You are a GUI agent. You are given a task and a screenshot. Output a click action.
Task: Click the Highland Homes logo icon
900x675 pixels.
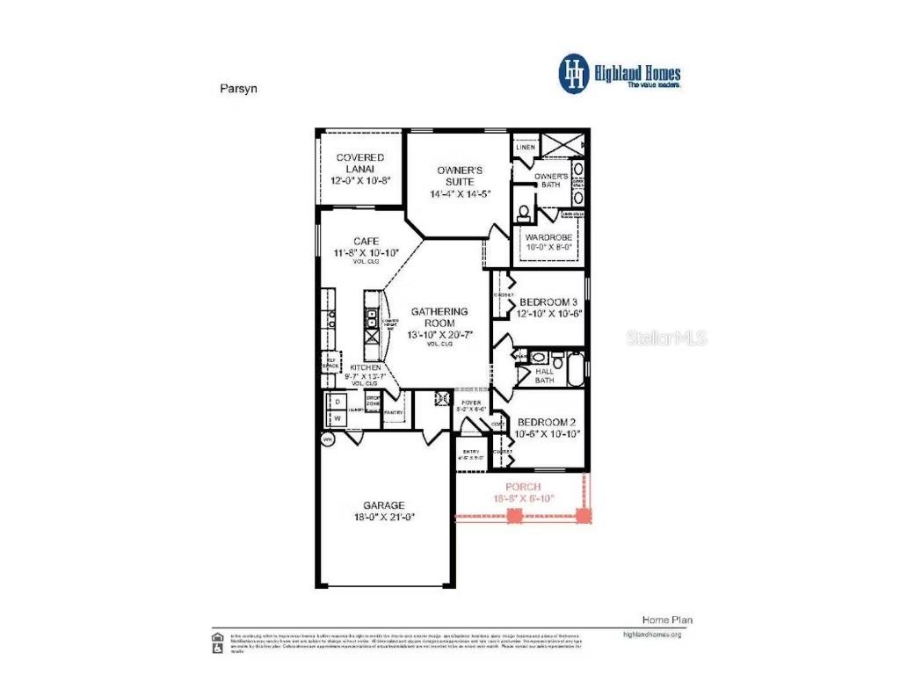click(574, 74)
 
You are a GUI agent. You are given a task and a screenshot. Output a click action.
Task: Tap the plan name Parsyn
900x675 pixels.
click(235, 88)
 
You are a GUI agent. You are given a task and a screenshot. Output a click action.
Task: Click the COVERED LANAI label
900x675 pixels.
click(360, 163)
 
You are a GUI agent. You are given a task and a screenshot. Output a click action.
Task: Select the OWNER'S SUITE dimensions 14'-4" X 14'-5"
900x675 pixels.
click(460, 194)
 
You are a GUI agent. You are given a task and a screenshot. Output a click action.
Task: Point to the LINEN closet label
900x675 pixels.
click(525, 147)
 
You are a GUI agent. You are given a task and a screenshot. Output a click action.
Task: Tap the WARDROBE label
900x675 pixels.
click(548, 237)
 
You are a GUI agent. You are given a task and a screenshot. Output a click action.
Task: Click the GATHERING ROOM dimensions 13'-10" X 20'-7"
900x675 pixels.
click(439, 335)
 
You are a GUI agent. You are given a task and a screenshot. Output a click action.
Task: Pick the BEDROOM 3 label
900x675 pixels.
click(548, 302)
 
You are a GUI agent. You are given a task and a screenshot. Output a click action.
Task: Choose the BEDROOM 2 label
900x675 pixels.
click(548, 422)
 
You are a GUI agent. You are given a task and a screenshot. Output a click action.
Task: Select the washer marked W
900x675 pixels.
click(336, 418)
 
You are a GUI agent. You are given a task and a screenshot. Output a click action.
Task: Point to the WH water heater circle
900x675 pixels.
click(328, 439)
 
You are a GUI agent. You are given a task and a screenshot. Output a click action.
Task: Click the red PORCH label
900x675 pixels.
click(523, 486)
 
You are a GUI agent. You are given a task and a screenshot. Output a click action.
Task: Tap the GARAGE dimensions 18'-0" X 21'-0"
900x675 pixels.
click(384, 517)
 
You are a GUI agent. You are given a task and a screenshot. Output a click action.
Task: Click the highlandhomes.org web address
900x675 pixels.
click(651, 634)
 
